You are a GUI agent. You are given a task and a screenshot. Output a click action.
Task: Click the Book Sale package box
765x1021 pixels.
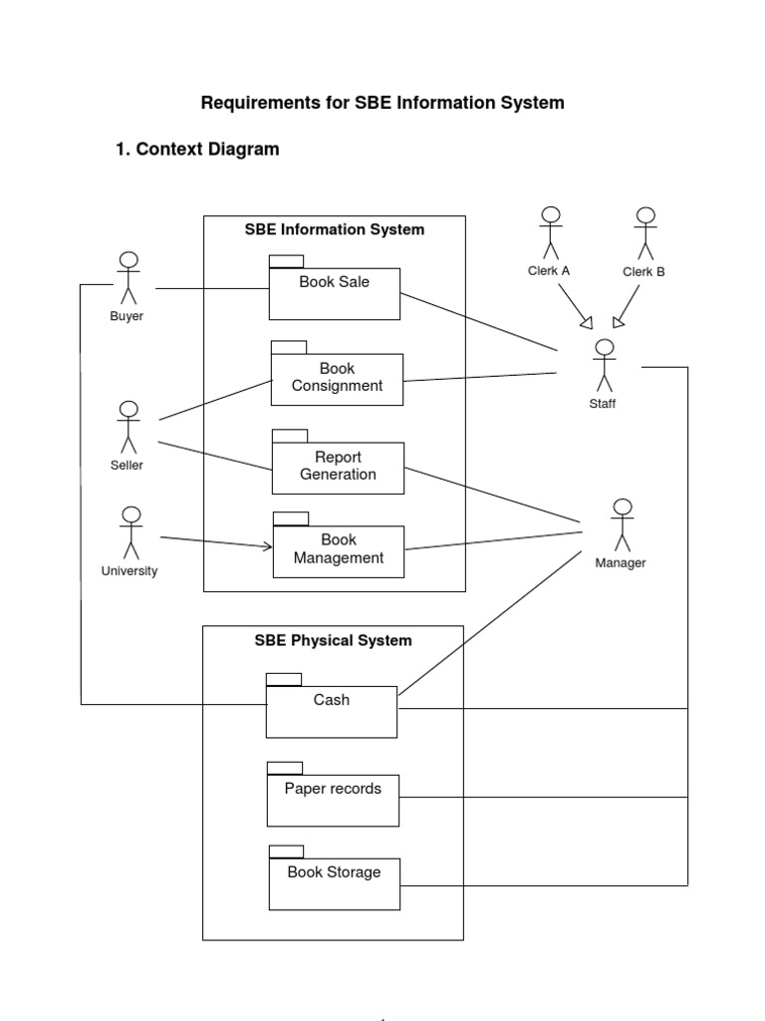coord(335,293)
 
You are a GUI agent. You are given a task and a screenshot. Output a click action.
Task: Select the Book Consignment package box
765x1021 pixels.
coord(337,379)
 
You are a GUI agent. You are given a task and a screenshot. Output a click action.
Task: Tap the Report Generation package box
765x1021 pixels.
coord(338,468)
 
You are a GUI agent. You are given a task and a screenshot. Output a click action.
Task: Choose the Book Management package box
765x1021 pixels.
coord(339,550)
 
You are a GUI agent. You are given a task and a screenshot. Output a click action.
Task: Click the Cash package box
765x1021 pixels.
coord(332,711)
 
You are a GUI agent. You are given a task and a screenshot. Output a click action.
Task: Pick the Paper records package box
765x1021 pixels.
coord(333,800)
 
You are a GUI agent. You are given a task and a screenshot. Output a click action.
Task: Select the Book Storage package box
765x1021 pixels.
coord(335,883)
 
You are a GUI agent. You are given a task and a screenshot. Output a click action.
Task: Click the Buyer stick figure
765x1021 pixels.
coord(127,278)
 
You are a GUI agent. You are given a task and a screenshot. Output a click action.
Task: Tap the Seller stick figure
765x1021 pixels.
coord(127,428)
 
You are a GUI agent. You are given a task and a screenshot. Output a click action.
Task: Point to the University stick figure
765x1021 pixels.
coord(130,532)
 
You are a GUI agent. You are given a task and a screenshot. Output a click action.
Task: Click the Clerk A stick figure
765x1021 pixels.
coord(550,233)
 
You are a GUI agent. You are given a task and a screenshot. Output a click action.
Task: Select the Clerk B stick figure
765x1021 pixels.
coord(645,234)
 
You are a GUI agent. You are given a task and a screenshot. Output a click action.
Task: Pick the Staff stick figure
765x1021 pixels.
coord(603,366)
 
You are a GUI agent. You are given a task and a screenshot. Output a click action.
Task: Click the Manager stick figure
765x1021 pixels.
coord(622,525)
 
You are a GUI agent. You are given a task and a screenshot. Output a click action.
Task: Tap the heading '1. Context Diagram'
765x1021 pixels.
coord(197,150)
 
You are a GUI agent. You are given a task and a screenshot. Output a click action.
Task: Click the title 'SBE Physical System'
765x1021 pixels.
coord(333,640)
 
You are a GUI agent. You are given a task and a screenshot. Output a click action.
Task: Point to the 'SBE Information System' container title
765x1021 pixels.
coord(335,229)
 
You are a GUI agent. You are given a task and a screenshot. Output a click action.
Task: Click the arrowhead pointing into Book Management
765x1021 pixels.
coord(267,545)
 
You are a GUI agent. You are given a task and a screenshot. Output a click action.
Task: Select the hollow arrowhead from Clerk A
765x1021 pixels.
coord(587,321)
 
